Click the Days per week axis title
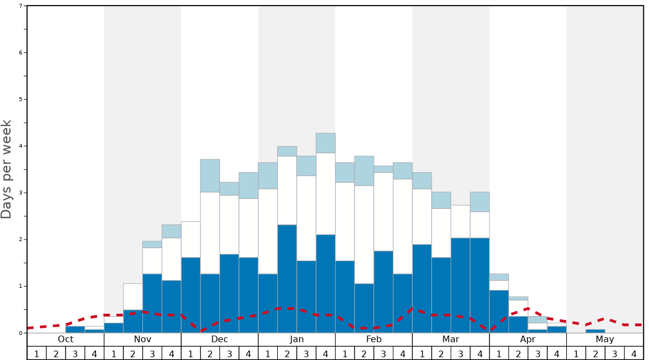pyautogui.click(x=7, y=169)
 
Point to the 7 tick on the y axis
pyautogui.click(x=21, y=6)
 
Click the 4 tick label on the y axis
pyautogui.click(x=21, y=146)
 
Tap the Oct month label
pyautogui.click(x=66, y=339)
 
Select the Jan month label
pyautogui.click(x=297, y=339)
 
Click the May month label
pyautogui.click(x=605, y=339)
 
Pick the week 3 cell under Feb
pyautogui.click(x=383, y=353)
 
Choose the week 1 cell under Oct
pyautogui.click(x=37, y=353)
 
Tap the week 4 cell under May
pyautogui.click(x=633, y=353)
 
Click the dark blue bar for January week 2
pyautogui.click(x=287, y=278)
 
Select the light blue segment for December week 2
pyautogui.click(x=210, y=176)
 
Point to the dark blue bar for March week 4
pyautogui.click(x=480, y=285)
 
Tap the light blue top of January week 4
pyautogui.click(x=326, y=143)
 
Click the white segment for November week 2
pyautogui.click(x=133, y=297)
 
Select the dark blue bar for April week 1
pyautogui.click(x=499, y=311)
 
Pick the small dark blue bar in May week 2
pyautogui.click(x=595, y=331)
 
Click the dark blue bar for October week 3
pyautogui.click(x=75, y=329)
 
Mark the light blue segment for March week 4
pyautogui.click(x=480, y=202)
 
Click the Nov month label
pyautogui.click(x=143, y=339)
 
